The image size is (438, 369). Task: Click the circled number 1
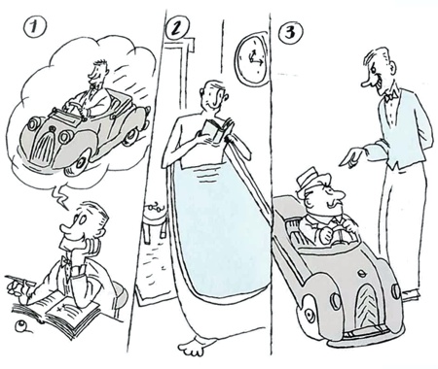coord(35,27)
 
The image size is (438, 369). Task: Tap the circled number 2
coord(177,29)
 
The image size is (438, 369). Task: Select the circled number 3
coord(290,32)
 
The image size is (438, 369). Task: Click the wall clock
coord(252,59)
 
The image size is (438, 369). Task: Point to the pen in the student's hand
coord(20,281)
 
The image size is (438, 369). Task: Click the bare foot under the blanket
coord(195,346)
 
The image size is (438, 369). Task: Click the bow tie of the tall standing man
coord(391,96)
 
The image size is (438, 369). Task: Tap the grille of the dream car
coord(44,143)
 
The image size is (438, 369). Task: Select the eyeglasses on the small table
coord(155,207)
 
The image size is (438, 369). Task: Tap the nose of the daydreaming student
coord(66,227)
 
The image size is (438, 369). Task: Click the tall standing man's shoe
coord(412,293)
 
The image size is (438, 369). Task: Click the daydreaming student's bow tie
coord(66,260)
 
